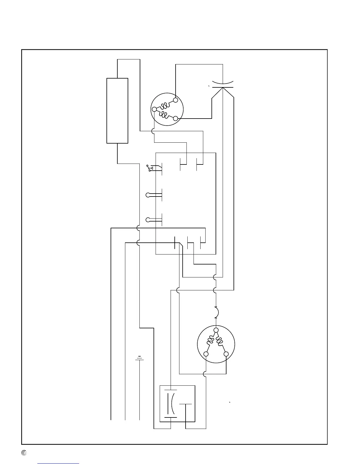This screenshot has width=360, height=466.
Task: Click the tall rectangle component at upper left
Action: pyautogui.click(x=117, y=111)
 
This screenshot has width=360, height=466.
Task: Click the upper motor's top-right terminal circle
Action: pyautogui.click(x=176, y=100)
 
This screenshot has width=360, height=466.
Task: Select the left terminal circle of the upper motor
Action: pyautogui.click(x=154, y=109)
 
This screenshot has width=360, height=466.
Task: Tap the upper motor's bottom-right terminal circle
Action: pyautogui.click(x=176, y=118)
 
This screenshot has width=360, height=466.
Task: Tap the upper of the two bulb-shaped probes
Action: pyautogui.click(x=148, y=195)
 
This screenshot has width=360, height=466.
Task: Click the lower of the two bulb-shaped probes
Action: pyautogui.click(x=148, y=219)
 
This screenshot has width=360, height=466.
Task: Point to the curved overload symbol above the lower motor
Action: pyautogui.click(x=216, y=312)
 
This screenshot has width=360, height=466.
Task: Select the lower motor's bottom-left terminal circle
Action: pyautogui.click(x=206, y=354)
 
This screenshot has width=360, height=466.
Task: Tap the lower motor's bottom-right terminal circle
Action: pyautogui.click(x=226, y=354)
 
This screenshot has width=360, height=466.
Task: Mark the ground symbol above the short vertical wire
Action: pyautogui.click(x=139, y=358)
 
